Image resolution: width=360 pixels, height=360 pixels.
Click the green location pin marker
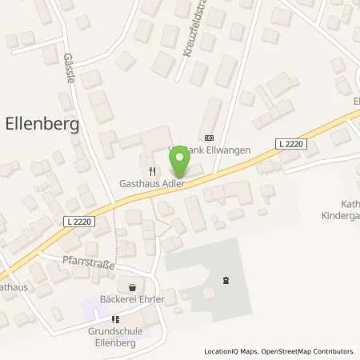click(179, 162)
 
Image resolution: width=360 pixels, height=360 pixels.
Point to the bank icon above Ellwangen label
click(210, 137)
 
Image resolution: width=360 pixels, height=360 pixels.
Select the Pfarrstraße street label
click(88, 262)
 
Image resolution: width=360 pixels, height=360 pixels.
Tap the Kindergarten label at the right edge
click(342, 216)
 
